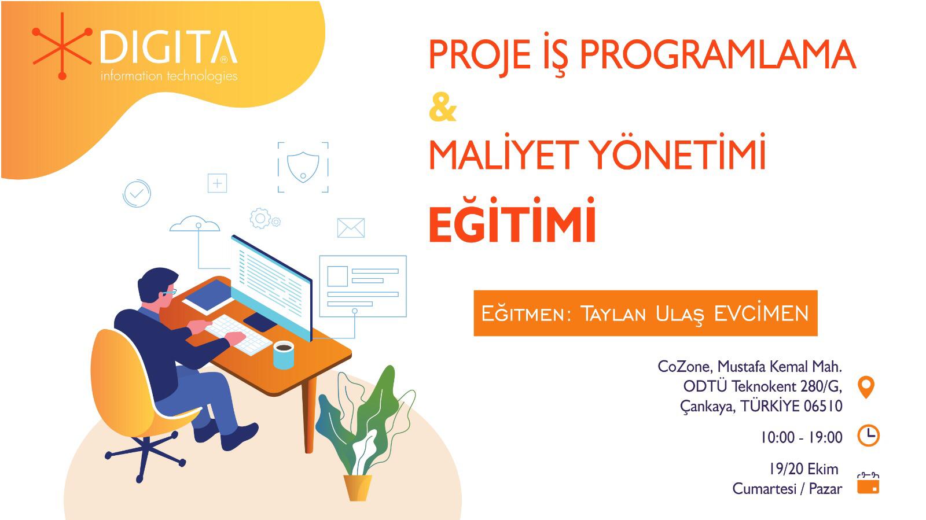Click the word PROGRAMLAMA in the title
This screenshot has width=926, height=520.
(x=718, y=54)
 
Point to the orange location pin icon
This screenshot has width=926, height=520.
(x=866, y=386)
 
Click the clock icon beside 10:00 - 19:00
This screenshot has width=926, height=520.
(x=868, y=435)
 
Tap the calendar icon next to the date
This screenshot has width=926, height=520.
(x=868, y=483)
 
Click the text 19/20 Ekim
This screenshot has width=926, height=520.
(x=803, y=469)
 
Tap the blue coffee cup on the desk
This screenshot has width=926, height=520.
(x=284, y=355)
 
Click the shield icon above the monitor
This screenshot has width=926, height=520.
(x=303, y=167)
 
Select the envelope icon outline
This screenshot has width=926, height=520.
(x=351, y=228)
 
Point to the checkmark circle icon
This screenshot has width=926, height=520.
(x=137, y=193)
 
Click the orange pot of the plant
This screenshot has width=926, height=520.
(x=358, y=488)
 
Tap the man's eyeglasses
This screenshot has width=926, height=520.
(x=170, y=292)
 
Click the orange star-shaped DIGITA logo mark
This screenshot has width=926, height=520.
(x=62, y=46)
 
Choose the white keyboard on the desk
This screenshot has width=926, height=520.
(x=238, y=334)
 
